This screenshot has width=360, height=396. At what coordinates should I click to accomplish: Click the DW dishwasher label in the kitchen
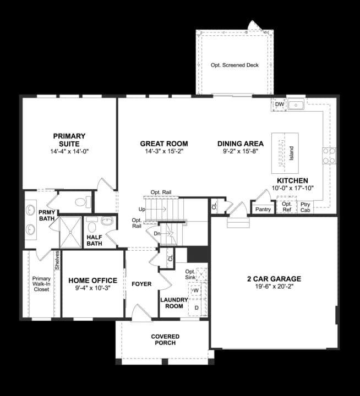pos(279,105)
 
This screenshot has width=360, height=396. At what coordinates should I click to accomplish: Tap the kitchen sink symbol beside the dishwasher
pos(297,104)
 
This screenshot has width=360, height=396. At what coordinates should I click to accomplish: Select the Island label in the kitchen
pos(292,150)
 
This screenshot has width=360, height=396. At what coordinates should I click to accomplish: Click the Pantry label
pos(263,210)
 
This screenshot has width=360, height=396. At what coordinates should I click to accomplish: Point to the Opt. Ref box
pos(287,207)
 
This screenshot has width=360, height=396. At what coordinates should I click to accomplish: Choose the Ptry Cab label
pos(305,207)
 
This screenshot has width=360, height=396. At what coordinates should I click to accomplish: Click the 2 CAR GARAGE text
pos(274,279)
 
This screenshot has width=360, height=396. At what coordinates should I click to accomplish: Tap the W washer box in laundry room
pos(195,290)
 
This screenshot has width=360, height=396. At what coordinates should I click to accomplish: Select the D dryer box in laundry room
pos(196,307)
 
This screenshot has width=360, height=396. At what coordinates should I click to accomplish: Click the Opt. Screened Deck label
pos(234,65)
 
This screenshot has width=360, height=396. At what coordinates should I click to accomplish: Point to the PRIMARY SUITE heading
pos(69,140)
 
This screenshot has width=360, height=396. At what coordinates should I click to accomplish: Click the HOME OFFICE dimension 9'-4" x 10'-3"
pos(92,288)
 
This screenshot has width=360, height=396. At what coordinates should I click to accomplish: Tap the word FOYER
pos(141,284)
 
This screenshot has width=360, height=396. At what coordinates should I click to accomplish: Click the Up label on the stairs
pos(142,210)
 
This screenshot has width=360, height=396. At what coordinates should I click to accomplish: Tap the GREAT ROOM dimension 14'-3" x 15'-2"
pos(164,151)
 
